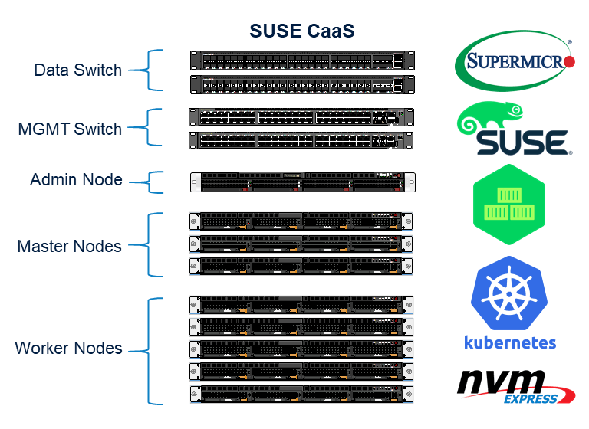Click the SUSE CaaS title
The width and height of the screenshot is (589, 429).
coord(301,31)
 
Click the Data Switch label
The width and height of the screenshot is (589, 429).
coord(77,70)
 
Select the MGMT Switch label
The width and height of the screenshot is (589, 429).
coord(70,129)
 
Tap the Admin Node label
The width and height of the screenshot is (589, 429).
coord(76,180)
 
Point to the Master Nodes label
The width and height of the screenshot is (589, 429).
coord(69,246)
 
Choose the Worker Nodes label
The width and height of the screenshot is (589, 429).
coord(68,349)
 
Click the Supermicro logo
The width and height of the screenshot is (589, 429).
coord(515,61)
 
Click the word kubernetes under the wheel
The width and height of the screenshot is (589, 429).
coord(510,342)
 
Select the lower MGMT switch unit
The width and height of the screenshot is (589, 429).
coord(301,140)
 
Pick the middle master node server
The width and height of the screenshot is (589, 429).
coord(301,244)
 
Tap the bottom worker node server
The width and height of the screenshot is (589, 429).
coord(301,395)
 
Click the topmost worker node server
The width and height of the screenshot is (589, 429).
coord(301,304)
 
